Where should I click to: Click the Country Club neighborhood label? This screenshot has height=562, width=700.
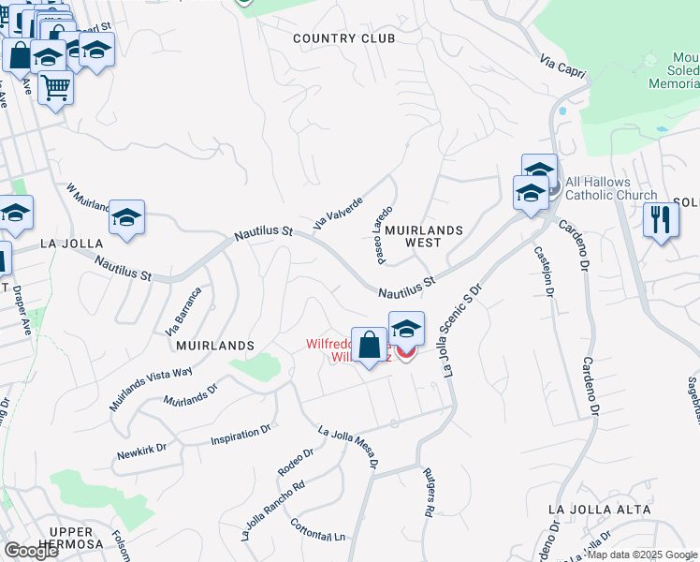coord(343,38)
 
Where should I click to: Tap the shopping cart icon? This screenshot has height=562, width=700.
coord(55,87)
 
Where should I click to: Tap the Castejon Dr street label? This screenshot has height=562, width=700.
coord(541,271)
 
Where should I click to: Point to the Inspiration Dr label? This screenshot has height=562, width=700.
coord(241,434)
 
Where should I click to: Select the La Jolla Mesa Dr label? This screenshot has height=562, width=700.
coord(349,448)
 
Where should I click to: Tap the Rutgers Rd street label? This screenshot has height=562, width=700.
coord(428,494)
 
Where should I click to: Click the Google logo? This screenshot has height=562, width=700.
coord(31,551)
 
